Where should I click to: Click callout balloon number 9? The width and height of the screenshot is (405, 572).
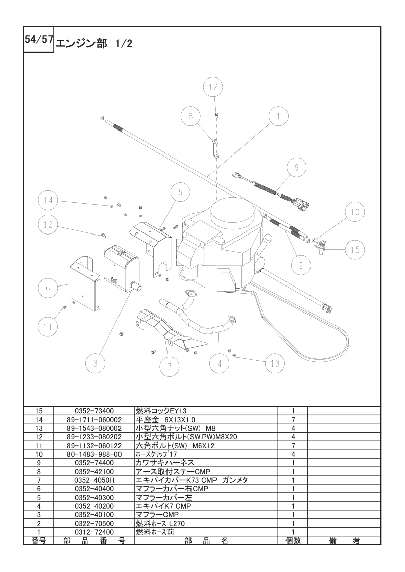click(296, 167)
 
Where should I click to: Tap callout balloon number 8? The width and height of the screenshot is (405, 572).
click(190, 116)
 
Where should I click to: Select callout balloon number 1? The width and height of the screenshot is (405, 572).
click(278, 116)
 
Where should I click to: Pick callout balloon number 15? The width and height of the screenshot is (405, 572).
click(355, 250)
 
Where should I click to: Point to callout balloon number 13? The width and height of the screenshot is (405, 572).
click(275, 363)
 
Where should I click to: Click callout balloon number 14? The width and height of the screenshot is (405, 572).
click(48, 200)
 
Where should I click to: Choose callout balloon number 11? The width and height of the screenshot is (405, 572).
click(48, 327)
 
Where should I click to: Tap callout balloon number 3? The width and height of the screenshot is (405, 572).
click(96, 363)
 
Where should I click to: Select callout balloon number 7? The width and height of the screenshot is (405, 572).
click(169, 367)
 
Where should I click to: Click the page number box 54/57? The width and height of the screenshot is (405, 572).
click(39, 39)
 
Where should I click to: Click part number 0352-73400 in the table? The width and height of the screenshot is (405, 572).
click(94, 411)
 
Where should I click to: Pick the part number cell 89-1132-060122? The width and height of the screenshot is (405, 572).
click(94, 446)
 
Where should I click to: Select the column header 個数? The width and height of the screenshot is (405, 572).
click(293, 540)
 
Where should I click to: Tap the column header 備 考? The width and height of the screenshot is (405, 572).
click(344, 540)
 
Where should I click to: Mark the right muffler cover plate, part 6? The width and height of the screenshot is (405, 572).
click(85, 284)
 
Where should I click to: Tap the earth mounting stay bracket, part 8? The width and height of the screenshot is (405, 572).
click(216, 148)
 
